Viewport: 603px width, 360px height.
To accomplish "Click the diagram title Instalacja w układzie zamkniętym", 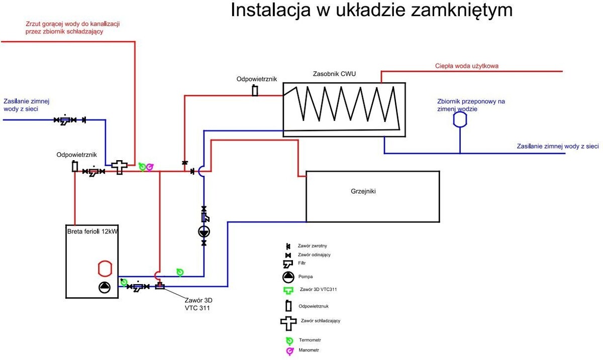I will point(371,10).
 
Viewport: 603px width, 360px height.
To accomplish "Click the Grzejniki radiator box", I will point(372,196).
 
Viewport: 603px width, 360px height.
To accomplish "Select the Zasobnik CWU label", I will point(334,74).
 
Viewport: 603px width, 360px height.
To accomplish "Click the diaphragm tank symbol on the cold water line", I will point(460,119).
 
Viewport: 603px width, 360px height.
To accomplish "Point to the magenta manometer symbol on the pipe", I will point(149,167).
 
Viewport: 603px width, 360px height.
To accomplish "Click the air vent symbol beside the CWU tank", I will point(255,91).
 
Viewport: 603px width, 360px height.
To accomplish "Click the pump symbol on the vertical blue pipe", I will point(204,231).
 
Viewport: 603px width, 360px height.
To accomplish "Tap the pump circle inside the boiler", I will point(105,287).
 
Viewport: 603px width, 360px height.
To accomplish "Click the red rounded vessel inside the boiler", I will point(105,268).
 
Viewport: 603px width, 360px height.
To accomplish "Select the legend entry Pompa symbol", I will point(288,276).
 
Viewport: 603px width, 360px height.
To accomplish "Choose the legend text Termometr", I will point(310,340).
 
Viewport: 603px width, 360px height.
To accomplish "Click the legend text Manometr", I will point(309,350).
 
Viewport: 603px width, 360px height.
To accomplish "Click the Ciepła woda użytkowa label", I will point(467,66).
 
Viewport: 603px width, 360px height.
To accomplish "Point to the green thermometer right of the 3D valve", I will point(180,272).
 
